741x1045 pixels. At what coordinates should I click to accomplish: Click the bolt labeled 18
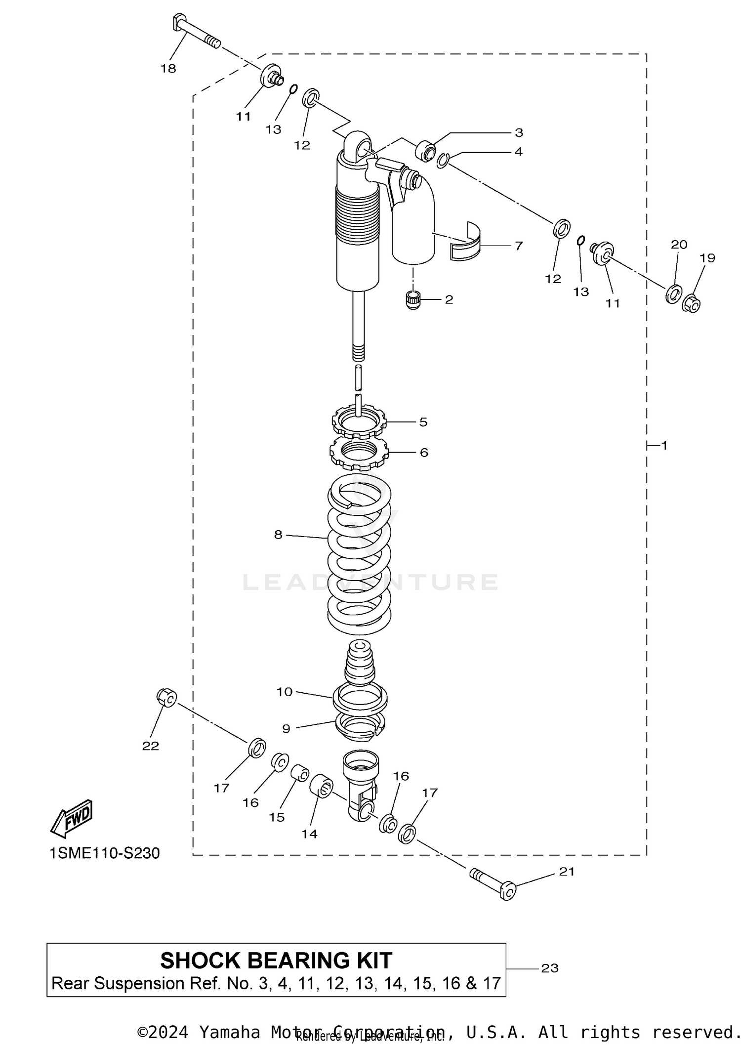click(195, 32)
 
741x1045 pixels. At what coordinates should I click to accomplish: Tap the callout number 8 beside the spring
click(278, 534)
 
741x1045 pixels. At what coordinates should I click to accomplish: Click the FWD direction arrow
click(72, 819)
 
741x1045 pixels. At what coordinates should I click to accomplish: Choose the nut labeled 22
click(167, 697)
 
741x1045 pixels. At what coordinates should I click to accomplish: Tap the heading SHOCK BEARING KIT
click(276, 961)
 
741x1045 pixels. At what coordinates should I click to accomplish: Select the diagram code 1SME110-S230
click(105, 853)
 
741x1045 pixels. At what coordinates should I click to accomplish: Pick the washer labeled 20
click(674, 294)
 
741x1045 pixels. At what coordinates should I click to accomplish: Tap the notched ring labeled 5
click(359, 422)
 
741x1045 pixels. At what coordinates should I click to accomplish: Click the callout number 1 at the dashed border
click(664, 445)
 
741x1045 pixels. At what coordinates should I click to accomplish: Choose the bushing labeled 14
click(321, 786)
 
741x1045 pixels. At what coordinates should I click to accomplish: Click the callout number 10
click(285, 692)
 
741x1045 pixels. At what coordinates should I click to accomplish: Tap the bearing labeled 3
click(426, 150)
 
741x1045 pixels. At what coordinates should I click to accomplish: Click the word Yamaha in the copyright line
click(229, 1032)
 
